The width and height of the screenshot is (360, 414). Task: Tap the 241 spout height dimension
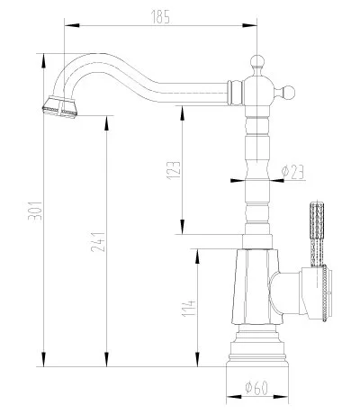click(x=105, y=241)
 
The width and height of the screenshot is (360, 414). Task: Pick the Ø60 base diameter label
click(x=258, y=390)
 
